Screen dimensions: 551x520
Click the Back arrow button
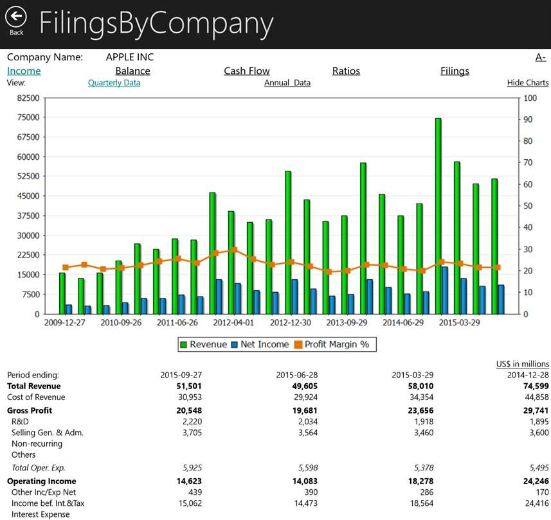tap(16, 17)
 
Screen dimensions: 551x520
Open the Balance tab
tap(133, 71)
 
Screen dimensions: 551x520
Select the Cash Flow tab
tap(247, 71)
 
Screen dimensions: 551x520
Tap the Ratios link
tap(346, 71)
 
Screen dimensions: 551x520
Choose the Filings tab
tap(455, 71)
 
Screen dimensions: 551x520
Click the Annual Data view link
tap(287, 83)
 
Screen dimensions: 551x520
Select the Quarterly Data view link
tap(114, 83)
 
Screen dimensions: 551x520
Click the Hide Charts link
tap(528, 83)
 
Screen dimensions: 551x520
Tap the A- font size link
tap(541, 57)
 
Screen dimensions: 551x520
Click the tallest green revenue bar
tap(438, 216)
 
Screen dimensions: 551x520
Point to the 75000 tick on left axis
tap(28, 117)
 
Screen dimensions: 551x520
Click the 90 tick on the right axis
tap(528, 119)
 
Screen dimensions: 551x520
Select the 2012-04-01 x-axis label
tap(233, 322)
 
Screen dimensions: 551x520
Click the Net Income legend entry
tap(260, 345)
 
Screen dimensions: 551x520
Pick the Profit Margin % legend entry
tap(332, 345)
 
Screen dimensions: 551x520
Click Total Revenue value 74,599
tap(536, 386)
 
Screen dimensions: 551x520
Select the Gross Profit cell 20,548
tap(189, 410)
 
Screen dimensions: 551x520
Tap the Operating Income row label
tap(41, 481)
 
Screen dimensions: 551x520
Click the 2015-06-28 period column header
tap(296, 375)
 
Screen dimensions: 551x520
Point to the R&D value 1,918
tap(424, 422)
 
